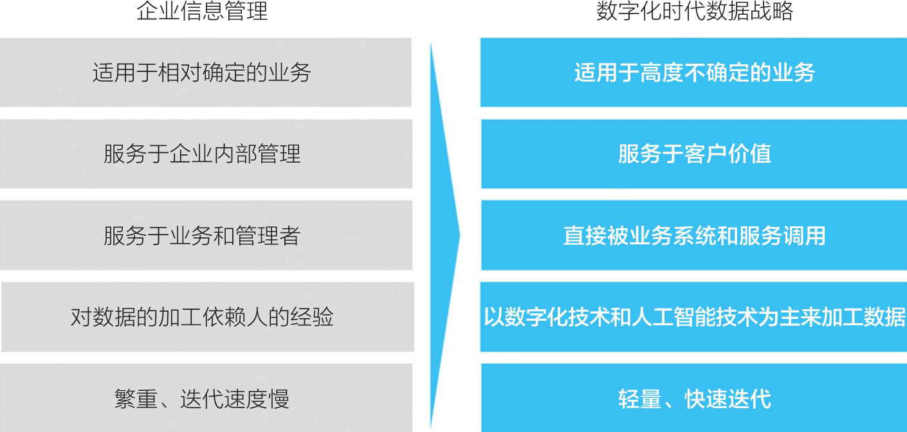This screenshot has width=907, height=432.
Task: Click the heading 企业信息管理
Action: (202, 12)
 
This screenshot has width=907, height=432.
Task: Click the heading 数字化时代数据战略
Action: (695, 12)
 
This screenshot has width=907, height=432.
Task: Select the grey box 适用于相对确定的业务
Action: (205, 72)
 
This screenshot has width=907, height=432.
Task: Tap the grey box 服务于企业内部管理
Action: (205, 154)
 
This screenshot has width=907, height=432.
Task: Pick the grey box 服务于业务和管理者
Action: (205, 235)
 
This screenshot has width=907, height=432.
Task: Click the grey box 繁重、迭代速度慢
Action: (205, 398)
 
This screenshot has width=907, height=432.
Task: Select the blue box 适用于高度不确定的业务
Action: (693, 72)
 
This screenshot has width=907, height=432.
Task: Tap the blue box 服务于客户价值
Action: (693, 154)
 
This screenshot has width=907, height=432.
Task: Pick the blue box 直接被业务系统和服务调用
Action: (693, 235)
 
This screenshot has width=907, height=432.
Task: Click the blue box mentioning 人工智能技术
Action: (693, 317)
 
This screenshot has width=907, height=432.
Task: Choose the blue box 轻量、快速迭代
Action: (693, 398)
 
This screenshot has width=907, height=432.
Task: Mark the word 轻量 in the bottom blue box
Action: (640, 399)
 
